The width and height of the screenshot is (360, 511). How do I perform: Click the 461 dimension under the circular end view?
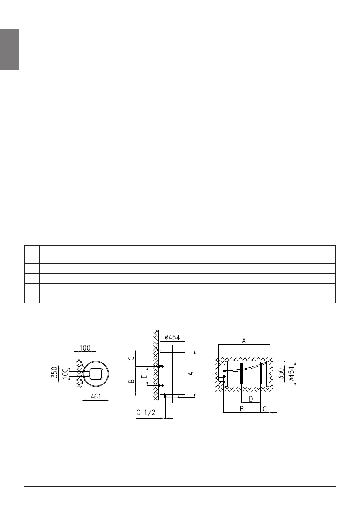click(95, 397)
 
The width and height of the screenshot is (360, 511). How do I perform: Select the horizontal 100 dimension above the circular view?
click(85, 348)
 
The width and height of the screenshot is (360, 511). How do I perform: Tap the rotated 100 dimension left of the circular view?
click(66, 373)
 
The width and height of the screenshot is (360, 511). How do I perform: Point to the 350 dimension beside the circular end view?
click(54, 372)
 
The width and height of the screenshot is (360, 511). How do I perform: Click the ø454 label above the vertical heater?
click(172, 338)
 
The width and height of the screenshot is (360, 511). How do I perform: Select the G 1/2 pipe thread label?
click(145, 413)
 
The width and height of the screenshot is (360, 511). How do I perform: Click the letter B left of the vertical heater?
click(131, 381)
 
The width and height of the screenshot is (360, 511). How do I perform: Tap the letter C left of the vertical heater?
click(131, 358)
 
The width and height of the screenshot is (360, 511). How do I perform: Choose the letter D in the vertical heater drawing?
click(144, 375)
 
